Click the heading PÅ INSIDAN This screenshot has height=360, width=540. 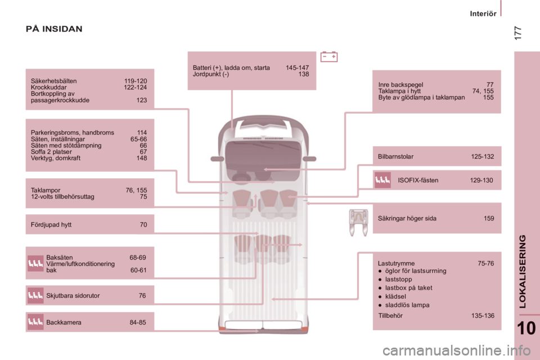(x=54, y=29)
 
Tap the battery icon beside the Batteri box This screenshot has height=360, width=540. (x=329, y=56)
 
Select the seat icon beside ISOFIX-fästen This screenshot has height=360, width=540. (x=382, y=180)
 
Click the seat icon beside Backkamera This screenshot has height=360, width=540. (x=35, y=322)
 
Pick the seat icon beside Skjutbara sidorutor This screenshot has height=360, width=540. (x=35, y=295)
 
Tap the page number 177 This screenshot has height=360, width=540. (x=517, y=33)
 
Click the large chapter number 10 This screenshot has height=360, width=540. (x=526, y=328)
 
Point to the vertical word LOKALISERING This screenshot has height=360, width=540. (x=523, y=272)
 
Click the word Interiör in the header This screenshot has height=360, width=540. (x=483, y=13)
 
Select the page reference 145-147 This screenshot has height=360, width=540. (x=297, y=68)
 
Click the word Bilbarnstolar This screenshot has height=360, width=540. (x=395, y=156)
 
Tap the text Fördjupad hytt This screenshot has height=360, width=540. (x=51, y=224)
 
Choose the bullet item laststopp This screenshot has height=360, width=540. (x=398, y=280)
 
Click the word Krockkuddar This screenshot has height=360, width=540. (x=48, y=88)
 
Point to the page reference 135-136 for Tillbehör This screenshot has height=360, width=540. (x=483, y=316)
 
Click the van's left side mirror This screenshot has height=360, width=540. (x=217, y=159)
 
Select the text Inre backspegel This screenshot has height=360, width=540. (x=400, y=85)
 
